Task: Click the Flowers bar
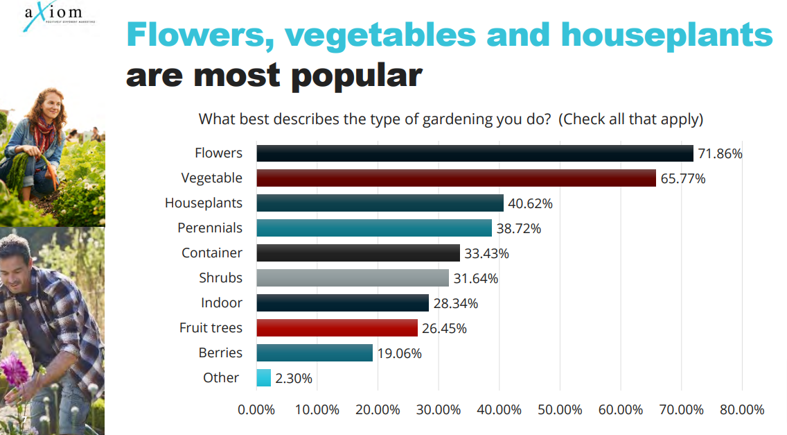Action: point(475,153)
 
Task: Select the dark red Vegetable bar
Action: point(456,178)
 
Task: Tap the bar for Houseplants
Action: point(380,203)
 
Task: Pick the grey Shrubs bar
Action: point(353,278)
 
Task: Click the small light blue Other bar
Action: point(263,378)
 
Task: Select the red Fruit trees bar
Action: point(337,328)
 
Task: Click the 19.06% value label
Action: point(399,353)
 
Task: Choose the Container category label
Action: point(212,253)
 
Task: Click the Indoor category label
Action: point(222,303)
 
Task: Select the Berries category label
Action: point(220,353)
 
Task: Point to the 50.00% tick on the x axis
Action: point(560,410)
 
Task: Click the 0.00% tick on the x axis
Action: point(256,410)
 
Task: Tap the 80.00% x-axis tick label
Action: point(742,410)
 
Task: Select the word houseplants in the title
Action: point(666,35)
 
